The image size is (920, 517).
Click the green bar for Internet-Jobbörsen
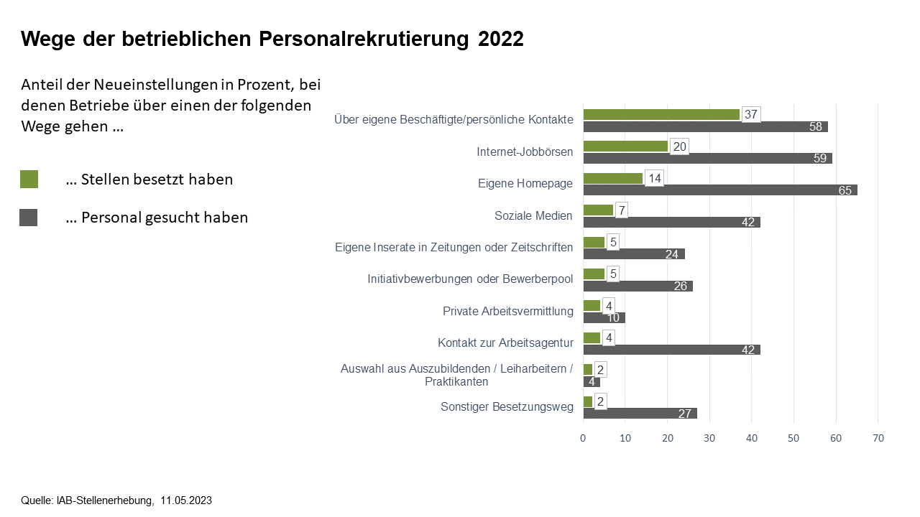[625, 146]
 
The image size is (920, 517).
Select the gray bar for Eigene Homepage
[719, 190]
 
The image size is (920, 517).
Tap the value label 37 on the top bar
[751, 114]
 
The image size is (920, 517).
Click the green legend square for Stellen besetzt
[29, 180]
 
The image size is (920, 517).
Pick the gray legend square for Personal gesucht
[29, 218]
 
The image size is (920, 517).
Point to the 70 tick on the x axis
[878, 438]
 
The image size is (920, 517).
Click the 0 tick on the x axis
[584, 438]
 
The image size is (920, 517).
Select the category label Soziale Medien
[533, 215]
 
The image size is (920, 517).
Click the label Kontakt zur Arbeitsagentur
[505, 343]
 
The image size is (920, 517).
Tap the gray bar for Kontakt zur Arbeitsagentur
[671, 350]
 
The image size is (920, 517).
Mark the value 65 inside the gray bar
[845, 190]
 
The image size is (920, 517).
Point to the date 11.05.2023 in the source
[186, 500]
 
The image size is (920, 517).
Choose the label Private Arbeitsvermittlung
[507, 311]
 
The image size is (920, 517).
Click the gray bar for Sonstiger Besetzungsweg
[640, 413]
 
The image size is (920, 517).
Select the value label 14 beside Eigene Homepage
[654, 178]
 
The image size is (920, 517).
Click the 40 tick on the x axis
[752, 438]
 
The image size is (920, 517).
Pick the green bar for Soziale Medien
[598, 210]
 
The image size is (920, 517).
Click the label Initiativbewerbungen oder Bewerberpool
[470, 279]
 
